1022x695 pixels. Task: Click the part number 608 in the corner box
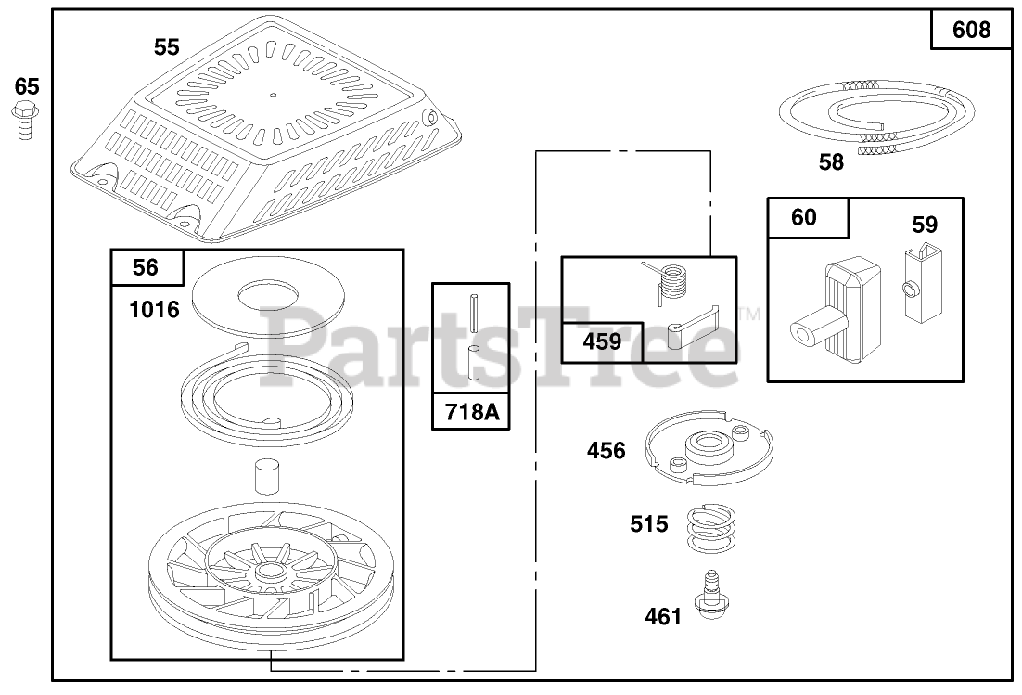(x=971, y=31)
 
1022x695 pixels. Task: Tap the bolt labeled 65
(x=25, y=122)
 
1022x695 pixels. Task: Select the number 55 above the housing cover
(x=167, y=46)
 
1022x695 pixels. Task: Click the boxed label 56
(x=146, y=268)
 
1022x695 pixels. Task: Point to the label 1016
(x=155, y=309)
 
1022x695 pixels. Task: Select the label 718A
(x=471, y=411)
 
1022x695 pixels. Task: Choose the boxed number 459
(x=602, y=341)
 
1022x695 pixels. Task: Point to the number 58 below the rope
(x=832, y=161)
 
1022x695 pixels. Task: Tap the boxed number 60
(x=804, y=217)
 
